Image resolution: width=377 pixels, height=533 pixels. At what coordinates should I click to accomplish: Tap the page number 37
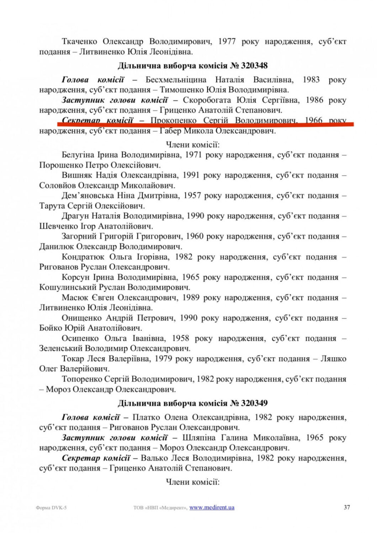(x=347, y=507)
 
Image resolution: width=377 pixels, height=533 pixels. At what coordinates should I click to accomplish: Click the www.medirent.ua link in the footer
(x=212, y=507)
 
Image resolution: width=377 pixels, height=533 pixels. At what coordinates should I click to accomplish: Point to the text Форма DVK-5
(x=51, y=508)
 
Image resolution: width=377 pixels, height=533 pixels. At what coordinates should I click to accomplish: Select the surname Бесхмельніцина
(x=176, y=80)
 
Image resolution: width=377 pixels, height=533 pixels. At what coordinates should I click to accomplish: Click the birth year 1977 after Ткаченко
(x=227, y=42)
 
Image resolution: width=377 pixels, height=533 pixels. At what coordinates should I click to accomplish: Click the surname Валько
(x=153, y=458)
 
